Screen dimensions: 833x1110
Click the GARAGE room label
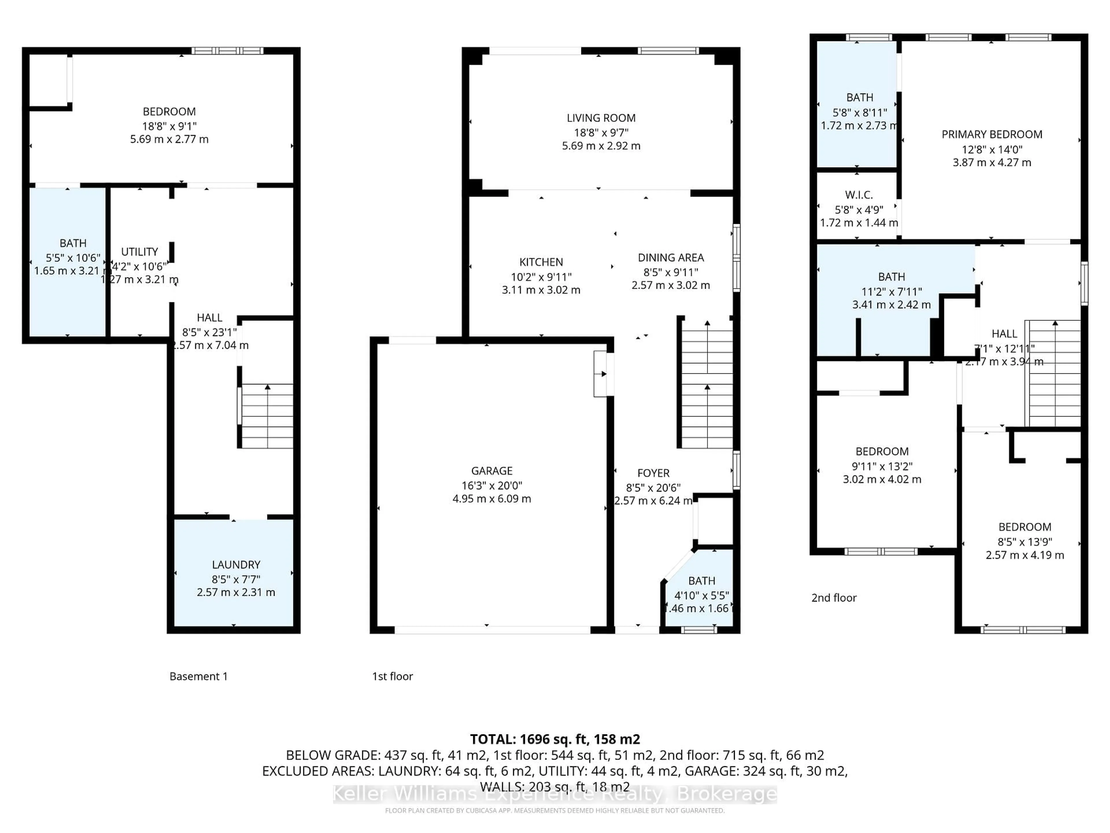[491, 471]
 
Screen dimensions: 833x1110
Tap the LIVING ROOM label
[601, 118]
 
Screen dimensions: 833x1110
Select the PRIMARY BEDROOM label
[991, 134]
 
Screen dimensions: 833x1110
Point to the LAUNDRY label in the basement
[236, 564]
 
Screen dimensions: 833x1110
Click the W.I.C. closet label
[859, 195]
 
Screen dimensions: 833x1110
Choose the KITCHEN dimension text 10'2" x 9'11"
[541, 277]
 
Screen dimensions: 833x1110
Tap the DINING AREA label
[670, 258]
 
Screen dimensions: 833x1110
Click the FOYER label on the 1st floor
[653, 473]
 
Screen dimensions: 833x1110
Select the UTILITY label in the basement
[140, 252]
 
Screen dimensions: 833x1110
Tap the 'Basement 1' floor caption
[198, 676]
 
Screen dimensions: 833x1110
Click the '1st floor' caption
[392, 676]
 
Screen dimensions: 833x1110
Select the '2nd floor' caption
[833, 598]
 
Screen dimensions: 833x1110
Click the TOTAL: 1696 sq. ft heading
[554, 739]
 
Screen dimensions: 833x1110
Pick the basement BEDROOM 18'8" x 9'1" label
[169, 111]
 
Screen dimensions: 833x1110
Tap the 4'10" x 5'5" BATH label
[701, 581]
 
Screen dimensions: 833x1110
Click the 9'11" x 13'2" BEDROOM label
[882, 451]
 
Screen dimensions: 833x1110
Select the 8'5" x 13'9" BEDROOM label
[1024, 527]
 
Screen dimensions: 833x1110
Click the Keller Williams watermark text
[554, 794]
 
